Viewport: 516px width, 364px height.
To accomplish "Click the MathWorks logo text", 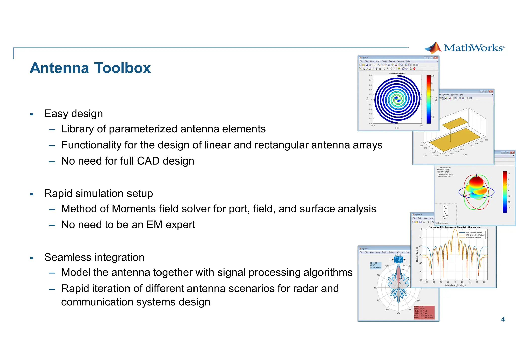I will point(474,48).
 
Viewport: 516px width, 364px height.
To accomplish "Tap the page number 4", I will point(503,319).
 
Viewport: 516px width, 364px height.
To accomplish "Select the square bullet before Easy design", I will point(31,114).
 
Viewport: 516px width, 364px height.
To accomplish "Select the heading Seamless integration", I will point(94,257).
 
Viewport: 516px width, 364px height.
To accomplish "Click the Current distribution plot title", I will point(397,74).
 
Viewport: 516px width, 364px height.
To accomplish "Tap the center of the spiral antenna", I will point(397,100).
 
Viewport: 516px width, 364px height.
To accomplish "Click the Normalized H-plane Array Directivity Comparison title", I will point(455,227).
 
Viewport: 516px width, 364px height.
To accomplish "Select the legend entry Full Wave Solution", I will point(473,237).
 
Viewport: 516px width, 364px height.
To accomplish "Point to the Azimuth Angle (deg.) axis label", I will point(455,285).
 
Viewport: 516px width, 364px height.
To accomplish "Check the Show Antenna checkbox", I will point(437,223).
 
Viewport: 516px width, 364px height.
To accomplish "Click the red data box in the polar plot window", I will point(424,312).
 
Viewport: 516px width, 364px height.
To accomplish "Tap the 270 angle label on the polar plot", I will point(398,313).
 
